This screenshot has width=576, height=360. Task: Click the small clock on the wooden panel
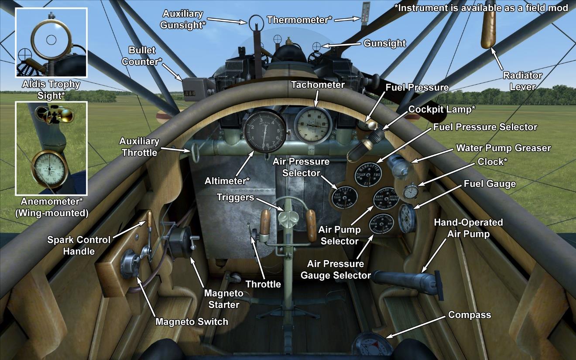coord(411,192)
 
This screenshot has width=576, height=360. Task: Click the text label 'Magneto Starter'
coord(224,298)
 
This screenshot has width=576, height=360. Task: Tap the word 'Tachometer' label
coord(318,85)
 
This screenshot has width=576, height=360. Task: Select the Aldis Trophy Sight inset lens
coord(51,39)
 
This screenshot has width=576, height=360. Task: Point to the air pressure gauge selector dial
coord(381,225)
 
